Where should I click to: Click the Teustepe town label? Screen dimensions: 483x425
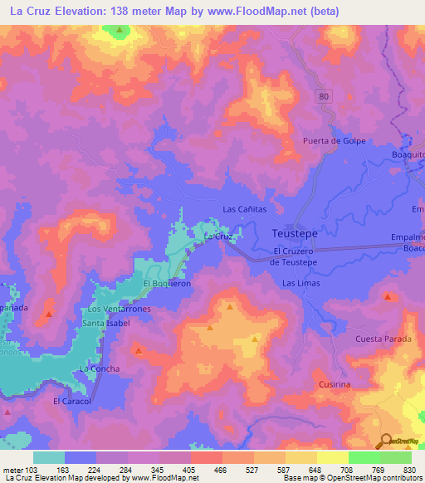[295, 234]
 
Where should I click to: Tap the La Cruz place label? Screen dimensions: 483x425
[217, 237]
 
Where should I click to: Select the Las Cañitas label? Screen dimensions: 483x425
[244, 209]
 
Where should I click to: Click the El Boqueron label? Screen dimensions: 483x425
[167, 283]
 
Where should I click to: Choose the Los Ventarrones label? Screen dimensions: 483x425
[120, 309]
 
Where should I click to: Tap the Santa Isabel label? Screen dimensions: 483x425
[106, 322]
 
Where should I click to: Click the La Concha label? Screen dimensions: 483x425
[99, 368]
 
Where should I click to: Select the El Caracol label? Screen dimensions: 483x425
[70, 401]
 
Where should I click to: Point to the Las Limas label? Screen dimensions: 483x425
[300, 284]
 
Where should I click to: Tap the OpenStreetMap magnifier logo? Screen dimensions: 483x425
[387, 441]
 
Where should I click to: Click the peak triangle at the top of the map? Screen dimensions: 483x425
[120, 31]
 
